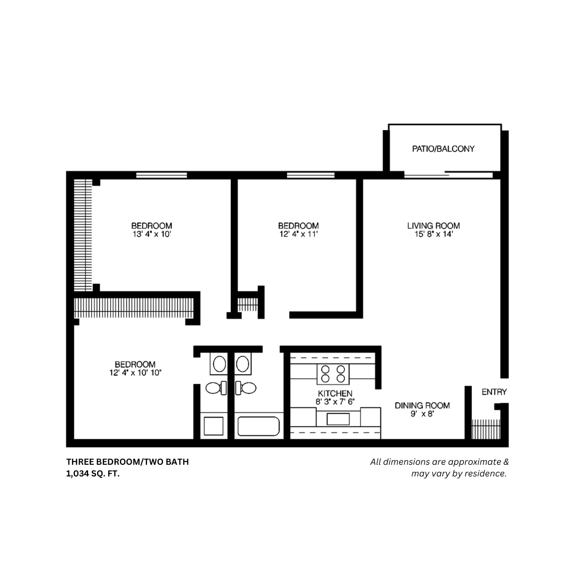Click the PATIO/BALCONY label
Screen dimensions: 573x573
click(443, 149)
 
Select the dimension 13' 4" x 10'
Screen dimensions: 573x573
click(152, 233)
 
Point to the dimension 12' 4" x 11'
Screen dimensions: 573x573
click(298, 233)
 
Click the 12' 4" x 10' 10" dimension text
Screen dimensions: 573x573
click(135, 372)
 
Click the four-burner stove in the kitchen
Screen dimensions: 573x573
click(333, 374)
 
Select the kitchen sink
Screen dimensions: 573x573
click(338, 419)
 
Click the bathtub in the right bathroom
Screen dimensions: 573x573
click(258, 427)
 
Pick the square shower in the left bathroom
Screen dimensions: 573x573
click(213, 427)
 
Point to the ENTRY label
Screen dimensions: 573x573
click(494, 392)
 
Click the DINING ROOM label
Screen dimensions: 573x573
click(422, 405)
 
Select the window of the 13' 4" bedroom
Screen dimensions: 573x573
click(161, 175)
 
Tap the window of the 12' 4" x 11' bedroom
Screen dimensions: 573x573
click(310, 175)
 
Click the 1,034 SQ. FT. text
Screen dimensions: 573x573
click(93, 473)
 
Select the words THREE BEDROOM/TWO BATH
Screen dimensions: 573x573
click(127, 462)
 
